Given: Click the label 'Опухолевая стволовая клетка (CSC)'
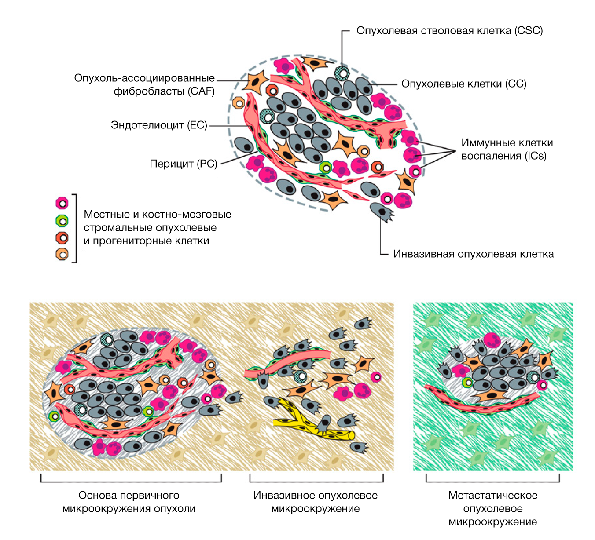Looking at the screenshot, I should point(449,31).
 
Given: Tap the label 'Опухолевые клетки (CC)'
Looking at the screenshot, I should point(463,84).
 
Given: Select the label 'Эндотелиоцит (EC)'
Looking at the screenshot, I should point(159,125).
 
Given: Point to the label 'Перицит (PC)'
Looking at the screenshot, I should point(184,164).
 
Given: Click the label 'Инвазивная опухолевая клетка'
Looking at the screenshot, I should point(473,254).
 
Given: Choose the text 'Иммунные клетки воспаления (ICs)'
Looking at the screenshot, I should point(507,149).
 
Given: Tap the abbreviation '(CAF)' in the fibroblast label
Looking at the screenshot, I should point(201,91).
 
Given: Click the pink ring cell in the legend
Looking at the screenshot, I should point(62,203).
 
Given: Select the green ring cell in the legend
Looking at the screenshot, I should point(62,221).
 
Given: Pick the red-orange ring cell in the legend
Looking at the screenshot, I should point(62,238).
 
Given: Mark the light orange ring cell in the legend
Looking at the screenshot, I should point(62,254).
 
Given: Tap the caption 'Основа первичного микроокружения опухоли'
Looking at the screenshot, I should point(129,502).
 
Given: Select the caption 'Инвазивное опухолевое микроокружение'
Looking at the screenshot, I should point(315,502).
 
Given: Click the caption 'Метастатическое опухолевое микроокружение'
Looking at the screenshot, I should point(493,508).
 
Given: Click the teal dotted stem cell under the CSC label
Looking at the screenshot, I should point(342,73).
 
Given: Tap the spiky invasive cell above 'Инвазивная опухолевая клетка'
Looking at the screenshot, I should point(381,212).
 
